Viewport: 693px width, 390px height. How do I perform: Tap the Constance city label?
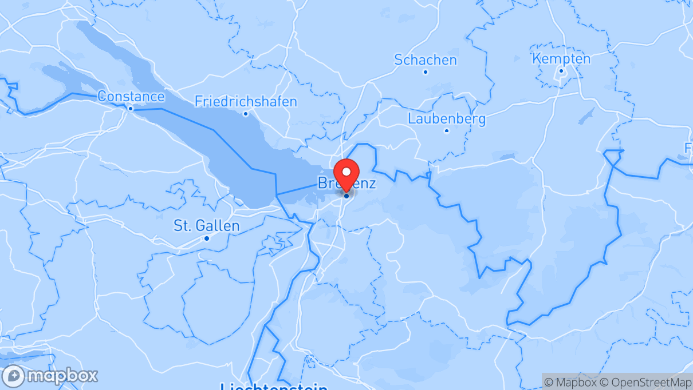point(131,96)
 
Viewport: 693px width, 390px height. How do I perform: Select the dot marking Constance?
point(131,108)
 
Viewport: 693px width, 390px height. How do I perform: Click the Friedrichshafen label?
point(246,102)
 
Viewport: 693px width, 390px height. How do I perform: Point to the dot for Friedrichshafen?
point(246,113)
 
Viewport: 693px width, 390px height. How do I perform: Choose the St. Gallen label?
point(206,226)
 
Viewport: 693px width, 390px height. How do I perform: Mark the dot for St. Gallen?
point(206,238)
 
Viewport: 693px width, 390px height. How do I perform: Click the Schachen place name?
point(426,59)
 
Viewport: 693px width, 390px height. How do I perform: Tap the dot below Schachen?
point(426,72)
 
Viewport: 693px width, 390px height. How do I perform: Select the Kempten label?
point(561,58)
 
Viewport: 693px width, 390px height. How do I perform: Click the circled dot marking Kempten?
point(561,71)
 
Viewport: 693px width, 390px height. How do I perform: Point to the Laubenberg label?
point(447,119)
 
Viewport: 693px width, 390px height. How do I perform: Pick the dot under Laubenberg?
point(447,131)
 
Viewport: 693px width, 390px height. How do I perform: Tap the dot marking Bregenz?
point(346,196)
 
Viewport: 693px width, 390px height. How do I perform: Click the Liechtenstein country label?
point(274,386)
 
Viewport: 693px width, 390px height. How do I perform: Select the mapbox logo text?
point(61,376)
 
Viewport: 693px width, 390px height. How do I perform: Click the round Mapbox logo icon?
point(13,376)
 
